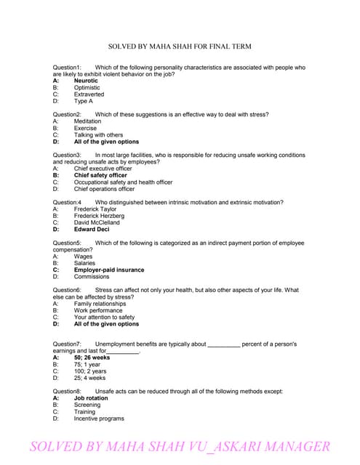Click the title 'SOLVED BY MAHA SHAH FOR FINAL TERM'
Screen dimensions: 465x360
click(180, 46)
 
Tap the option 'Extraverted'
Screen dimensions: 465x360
click(89, 94)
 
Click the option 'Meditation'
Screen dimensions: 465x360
click(88, 121)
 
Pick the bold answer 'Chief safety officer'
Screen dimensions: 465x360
click(100, 175)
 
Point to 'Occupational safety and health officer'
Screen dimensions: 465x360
click(123, 182)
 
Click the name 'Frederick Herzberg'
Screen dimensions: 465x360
click(99, 216)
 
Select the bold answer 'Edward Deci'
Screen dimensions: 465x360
click(91, 229)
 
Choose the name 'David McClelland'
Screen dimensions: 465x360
click(97, 222)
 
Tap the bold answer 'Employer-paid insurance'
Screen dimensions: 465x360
click(109, 270)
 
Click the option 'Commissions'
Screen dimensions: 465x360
click(91, 276)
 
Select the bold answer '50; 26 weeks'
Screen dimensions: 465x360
click(92, 357)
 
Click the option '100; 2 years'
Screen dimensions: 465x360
click(89, 371)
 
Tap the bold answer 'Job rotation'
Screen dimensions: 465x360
click(91, 398)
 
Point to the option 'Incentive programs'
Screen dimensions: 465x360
click(99, 418)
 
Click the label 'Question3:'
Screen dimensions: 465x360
click(67, 155)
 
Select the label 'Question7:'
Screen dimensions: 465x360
click(67, 344)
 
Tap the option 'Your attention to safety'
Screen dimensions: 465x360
click(104, 317)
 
